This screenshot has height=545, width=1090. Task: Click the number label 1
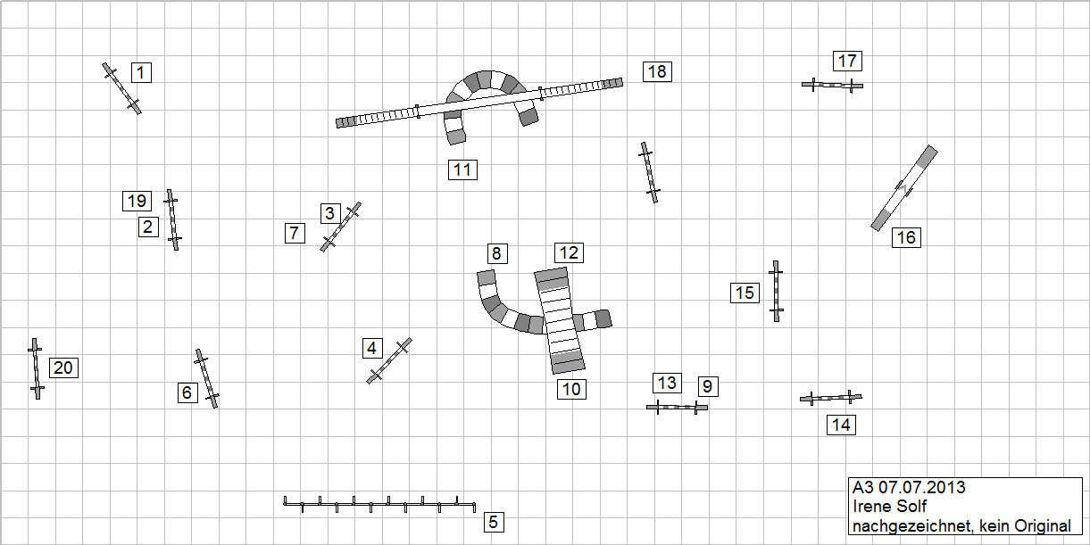click(x=141, y=72)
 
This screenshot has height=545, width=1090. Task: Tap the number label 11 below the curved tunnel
click(x=462, y=169)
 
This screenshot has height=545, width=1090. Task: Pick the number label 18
click(x=657, y=71)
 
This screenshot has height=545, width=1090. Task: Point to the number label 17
click(x=847, y=61)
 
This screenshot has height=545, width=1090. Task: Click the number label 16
click(x=906, y=237)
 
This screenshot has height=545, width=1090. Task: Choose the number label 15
click(x=745, y=293)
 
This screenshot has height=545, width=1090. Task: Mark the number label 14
click(x=841, y=425)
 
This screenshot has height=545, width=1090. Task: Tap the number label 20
click(x=63, y=367)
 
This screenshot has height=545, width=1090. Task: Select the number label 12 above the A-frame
click(x=569, y=252)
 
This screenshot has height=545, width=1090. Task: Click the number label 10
click(x=571, y=388)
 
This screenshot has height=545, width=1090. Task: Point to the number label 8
click(x=497, y=253)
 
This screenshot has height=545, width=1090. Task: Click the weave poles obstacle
click(x=379, y=505)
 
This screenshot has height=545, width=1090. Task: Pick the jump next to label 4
click(x=389, y=360)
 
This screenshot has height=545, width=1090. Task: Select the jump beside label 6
click(x=207, y=378)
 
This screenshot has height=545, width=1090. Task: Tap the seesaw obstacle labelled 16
click(x=904, y=187)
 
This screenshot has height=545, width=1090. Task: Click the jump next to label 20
click(x=36, y=368)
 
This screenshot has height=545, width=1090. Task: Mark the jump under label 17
click(x=832, y=85)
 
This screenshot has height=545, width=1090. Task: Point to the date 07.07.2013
click(x=922, y=488)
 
